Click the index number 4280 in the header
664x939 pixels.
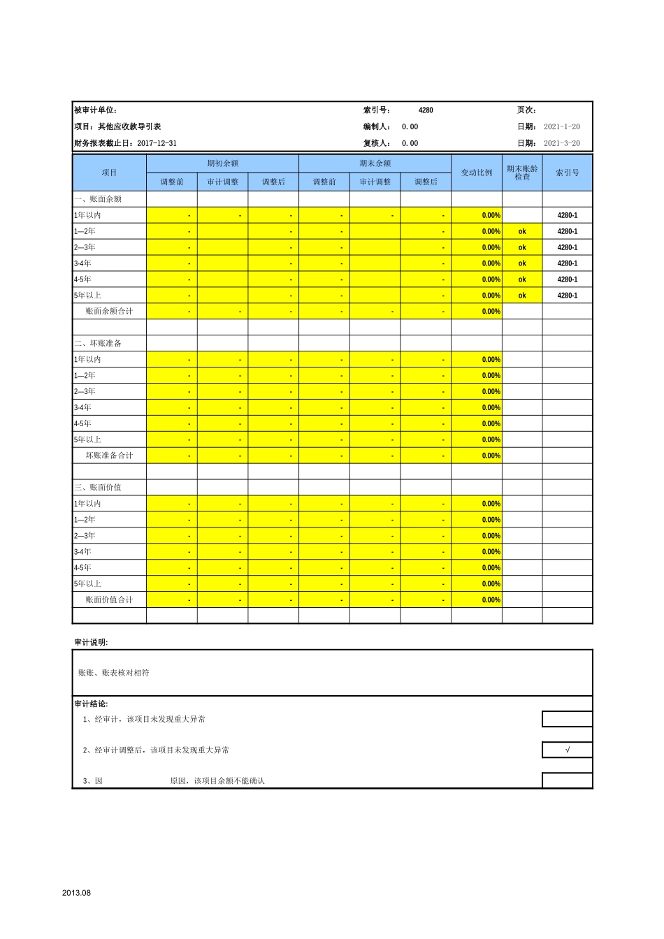426,110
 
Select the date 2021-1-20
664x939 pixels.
562,127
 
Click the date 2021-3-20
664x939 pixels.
562,143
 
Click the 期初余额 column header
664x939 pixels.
222,163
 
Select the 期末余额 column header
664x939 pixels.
375,163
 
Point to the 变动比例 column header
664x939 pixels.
476,173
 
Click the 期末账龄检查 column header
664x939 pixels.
522,173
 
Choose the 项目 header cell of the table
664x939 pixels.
109,173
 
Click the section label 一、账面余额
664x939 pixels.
98,199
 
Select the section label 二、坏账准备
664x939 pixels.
98,344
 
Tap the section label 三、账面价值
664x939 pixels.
98,488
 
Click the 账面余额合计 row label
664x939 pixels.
109,312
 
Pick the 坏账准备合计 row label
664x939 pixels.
109,456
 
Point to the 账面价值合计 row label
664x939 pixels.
109,600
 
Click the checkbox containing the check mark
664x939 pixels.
567,750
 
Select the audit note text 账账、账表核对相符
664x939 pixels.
114,673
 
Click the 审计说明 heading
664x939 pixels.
91,643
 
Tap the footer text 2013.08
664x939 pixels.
76,893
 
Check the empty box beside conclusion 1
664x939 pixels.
567,719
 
